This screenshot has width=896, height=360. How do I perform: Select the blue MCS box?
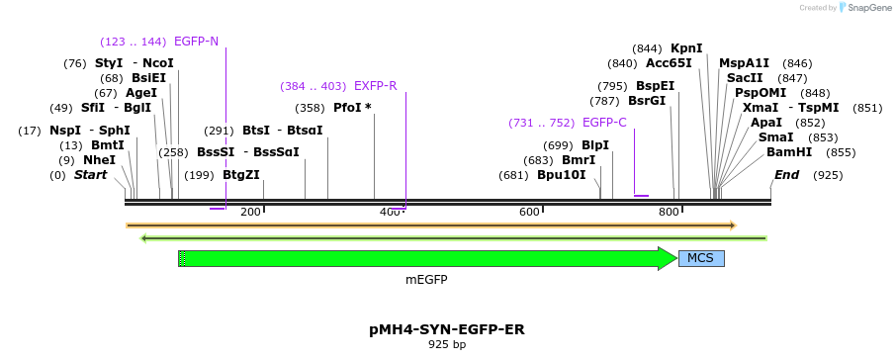click(701, 258)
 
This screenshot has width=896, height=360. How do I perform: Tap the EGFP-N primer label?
click(196, 42)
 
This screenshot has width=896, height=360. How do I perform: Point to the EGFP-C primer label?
click(604, 123)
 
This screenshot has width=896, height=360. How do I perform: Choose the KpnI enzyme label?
click(686, 47)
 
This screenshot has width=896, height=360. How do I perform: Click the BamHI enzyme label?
click(789, 152)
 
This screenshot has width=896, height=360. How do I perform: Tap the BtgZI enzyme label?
click(241, 175)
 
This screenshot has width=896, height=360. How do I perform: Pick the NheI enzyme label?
click(99, 159)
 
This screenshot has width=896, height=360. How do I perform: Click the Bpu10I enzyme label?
click(562, 175)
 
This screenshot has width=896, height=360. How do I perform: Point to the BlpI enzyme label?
click(595, 145)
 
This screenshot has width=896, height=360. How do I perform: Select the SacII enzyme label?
click(745, 77)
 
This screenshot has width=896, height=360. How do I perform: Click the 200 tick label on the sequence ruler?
click(250, 212)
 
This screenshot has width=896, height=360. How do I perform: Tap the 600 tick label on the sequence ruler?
click(529, 212)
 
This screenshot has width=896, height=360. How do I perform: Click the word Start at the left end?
click(90, 175)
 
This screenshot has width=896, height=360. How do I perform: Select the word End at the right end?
click(786, 175)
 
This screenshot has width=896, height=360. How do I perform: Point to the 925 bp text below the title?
click(446, 345)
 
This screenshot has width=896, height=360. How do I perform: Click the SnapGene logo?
click(866, 8)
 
